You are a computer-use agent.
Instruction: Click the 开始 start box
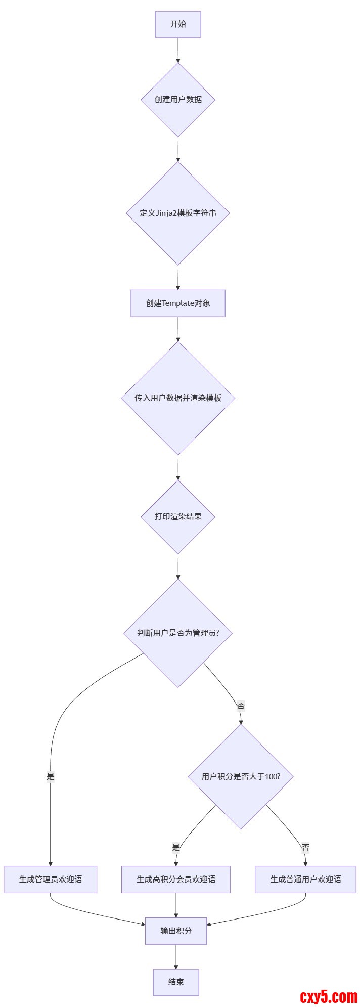tap(178, 24)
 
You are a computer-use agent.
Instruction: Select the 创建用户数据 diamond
tap(178, 100)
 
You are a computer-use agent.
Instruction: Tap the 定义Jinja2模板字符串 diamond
tap(178, 213)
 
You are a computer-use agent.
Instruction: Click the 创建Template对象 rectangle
tap(178, 303)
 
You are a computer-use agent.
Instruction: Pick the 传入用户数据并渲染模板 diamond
tap(178, 398)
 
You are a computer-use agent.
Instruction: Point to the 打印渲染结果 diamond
tap(178, 517)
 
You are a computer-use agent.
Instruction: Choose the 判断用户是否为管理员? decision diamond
tap(178, 633)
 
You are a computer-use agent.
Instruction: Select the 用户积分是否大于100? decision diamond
tap(241, 777)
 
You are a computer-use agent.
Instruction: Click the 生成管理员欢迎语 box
tap(51, 880)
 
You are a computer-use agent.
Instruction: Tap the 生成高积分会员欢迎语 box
tap(176, 880)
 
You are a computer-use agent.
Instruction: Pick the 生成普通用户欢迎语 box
tap(305, 880)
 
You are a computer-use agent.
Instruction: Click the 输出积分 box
tap(176, 931)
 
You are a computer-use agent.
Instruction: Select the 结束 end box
tap(176, 982)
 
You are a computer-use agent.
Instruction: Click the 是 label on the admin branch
tap(51, 777)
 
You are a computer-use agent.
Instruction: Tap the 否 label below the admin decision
tap(241, 706)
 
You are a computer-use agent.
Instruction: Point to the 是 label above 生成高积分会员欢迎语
tap(176, 848)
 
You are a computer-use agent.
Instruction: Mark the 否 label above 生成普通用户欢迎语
tap(305, 848)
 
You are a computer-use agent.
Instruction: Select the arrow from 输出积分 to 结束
tap(176, 956)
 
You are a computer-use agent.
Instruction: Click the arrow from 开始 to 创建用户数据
tap(178, 50)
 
